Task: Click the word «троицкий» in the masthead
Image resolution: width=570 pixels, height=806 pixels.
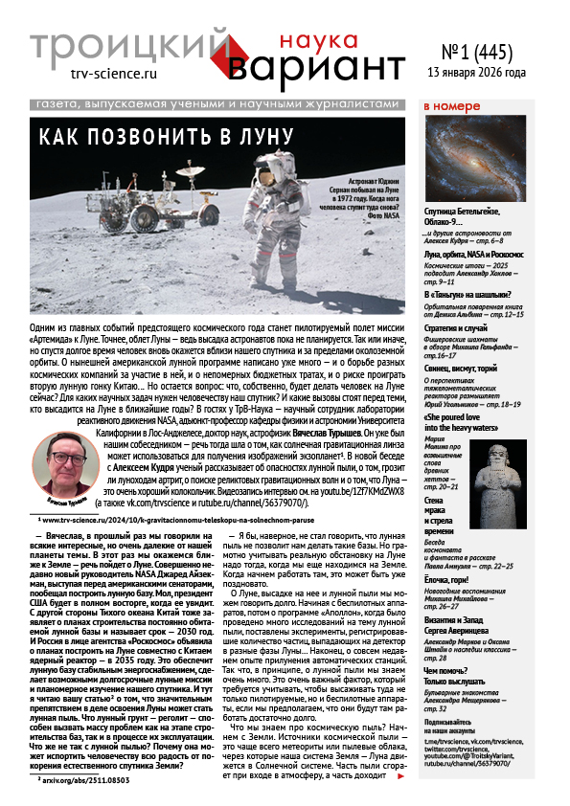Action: [x=129, y=44]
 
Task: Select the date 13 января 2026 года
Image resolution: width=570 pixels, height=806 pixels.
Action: [x=489, y=73]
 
